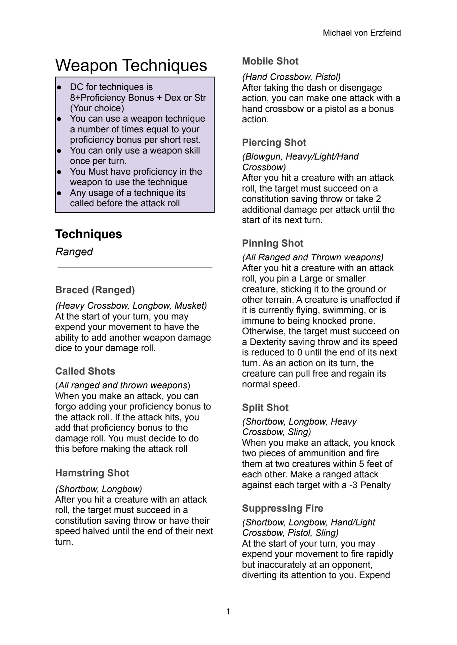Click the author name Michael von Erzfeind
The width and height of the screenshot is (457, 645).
click(x=361, y=33)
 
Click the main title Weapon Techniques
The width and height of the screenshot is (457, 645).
click(x=131, y=65)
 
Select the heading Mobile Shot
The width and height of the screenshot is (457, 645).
click(x=270, y=61)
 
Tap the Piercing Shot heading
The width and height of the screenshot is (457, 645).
click(x=274, y=142)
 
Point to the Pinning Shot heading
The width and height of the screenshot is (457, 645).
click(x=272, y=243)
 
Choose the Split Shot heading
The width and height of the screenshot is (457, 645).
click(x=265, y=407)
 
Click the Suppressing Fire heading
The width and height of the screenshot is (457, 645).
click(x=282, y=508)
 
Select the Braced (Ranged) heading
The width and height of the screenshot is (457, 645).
click(x=95, y=290)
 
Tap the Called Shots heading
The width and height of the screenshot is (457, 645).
click(x=85, y=371)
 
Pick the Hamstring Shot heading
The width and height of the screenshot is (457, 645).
click(x=92, y=473)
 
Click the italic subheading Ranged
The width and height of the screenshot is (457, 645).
click(x=74, y=252)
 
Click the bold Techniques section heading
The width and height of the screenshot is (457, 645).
click(x=88, y=234)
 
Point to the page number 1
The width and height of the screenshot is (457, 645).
click(x=228, y=612)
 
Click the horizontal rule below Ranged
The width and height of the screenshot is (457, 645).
click(x=135, y=268)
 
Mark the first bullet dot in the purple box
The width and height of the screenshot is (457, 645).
click(x=59, y=87)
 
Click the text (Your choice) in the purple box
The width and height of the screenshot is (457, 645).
click(x=97, y=108)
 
